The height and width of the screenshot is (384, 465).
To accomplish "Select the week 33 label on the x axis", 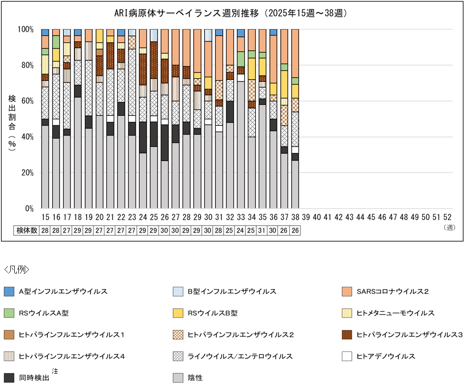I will (240, 217).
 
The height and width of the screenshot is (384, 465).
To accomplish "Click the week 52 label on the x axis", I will (447, 217).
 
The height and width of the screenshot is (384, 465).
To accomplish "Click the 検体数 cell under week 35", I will (262, 230).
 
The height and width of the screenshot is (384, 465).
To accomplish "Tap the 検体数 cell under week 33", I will (240, 230).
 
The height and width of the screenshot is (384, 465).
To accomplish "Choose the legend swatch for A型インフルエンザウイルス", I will (8, 292).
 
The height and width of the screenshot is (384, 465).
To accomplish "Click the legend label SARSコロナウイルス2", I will (393, 292).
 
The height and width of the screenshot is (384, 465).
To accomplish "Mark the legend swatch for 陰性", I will (178, 378).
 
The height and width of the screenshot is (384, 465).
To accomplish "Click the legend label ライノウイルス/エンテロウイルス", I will (240, 356).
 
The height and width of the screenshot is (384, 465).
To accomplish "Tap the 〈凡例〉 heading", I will (17, 270).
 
